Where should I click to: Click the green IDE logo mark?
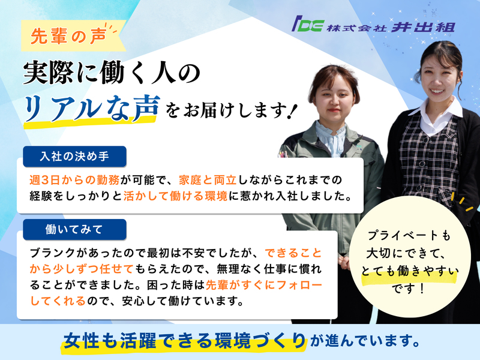[307, 24]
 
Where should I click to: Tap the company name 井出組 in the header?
[423, 27]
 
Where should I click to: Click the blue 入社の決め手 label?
[74, 157]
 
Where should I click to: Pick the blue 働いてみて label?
[74, 229]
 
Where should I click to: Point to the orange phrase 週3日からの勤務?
[74, 180]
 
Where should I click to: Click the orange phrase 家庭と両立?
[208, 180]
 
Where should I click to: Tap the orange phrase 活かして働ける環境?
[175, 196]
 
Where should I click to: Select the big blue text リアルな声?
[92, 108]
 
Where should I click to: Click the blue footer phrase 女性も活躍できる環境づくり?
[185, 340]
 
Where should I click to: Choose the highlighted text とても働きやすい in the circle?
[410, 272]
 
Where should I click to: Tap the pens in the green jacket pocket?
[283, 154]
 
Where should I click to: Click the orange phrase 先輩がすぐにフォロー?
[264, 285]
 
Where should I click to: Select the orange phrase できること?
[293, 253]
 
